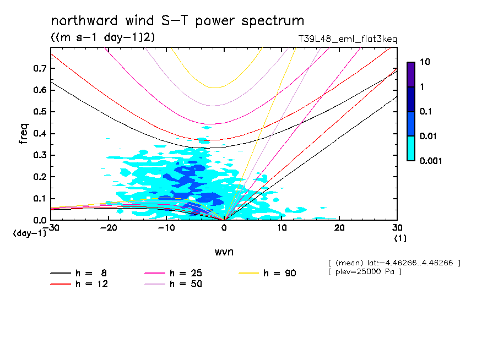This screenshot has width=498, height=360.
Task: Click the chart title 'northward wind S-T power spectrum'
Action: pos(177,21)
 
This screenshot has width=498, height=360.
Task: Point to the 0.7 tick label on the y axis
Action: pos(40,68)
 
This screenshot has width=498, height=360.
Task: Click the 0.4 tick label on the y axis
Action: pos(40,134)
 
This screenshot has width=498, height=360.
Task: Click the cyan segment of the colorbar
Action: pos(410,148)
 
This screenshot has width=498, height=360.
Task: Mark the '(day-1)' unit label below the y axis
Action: pos(29,233)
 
